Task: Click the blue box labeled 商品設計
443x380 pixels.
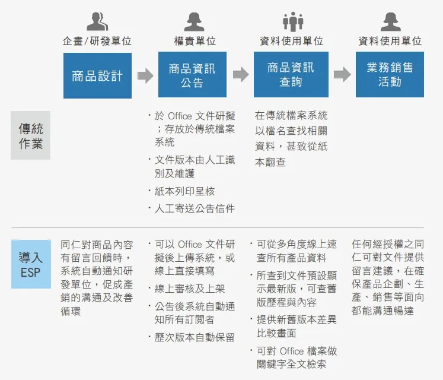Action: pos(97,75)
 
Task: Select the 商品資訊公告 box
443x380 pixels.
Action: pos(192,74)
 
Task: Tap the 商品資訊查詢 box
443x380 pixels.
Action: pos(291,74)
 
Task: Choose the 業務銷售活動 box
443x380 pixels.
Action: pos(390,74)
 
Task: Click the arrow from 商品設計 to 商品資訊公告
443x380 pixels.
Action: pos(145,75)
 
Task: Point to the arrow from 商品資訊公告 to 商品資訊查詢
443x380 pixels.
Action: pos(241,74)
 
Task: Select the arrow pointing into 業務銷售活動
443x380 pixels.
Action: pos(342,74)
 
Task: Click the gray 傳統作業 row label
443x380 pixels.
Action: pos(30,135)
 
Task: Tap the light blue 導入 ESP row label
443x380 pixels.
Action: pos(31,264)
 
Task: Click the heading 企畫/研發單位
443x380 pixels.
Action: pos(97,41)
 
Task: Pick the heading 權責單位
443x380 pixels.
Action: pos(195,41)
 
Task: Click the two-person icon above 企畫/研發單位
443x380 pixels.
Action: pos(97,21)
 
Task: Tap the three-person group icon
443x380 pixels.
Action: pos(293,21)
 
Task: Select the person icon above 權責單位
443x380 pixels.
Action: pos(194,21)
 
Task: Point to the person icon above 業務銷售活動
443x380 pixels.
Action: pos(390,21)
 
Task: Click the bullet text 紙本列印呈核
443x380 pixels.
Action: pos(185,191)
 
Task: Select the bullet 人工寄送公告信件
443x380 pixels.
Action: pos(195,208)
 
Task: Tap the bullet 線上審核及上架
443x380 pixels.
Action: pos(190,289)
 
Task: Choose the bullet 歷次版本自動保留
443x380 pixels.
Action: pos(195,337)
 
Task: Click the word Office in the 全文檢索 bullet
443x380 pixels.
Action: pos(292,351)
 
